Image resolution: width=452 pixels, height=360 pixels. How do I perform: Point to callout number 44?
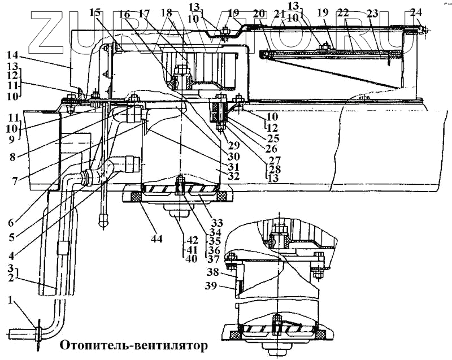157,238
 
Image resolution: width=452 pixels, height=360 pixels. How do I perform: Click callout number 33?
216,222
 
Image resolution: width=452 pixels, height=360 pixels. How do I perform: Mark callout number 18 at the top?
166,12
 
